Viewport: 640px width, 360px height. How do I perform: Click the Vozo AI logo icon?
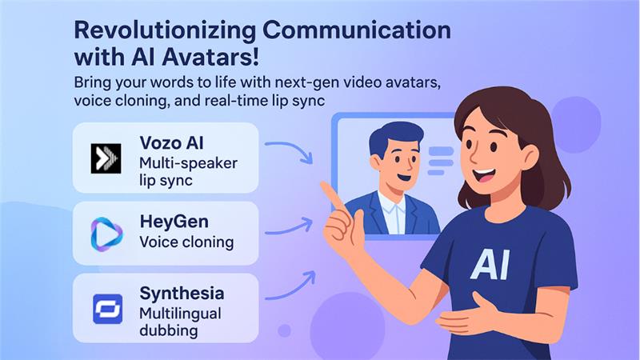tap(106, 158)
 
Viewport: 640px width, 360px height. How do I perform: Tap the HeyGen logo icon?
tap(106, 233)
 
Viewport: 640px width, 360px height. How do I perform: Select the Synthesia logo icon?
tap(106, 308)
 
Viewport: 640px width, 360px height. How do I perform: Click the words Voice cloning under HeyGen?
tap(185, 241)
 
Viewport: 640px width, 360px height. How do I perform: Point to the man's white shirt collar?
tap(391, 198)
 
